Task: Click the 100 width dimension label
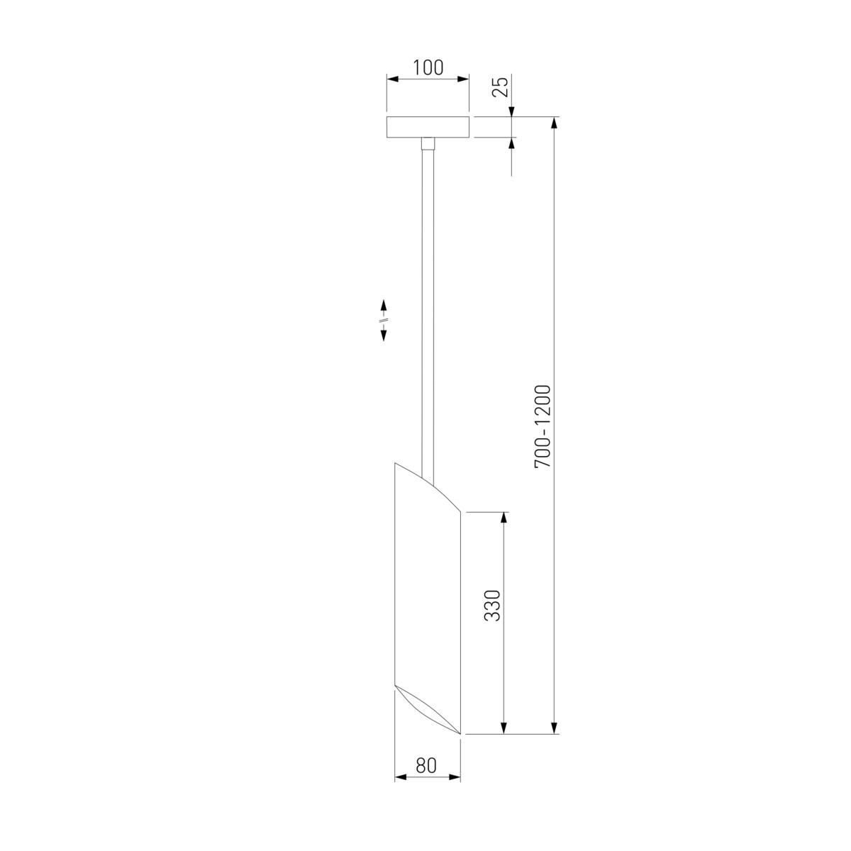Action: click(x=428, y=67)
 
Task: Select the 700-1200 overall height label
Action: click(x=543, y=427)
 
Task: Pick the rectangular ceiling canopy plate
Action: click(x=428, y=127)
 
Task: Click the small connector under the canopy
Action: click(x=428, y=144)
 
